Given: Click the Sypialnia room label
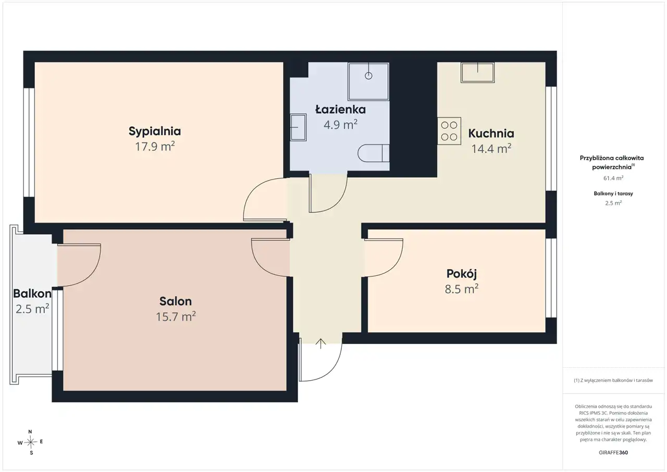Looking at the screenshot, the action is tap(155, 131).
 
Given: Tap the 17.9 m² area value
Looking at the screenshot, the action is tap(155, 147).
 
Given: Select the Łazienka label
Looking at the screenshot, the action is tap(341, 110).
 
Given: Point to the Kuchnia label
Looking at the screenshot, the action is tap(491, 133).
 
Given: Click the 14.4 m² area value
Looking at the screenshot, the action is tap(491, 149).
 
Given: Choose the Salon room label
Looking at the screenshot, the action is tap(176, 301).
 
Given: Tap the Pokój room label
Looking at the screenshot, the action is tap(462, 274).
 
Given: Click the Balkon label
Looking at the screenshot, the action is tap(32, 294).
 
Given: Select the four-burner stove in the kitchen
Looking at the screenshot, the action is tap(449, 131).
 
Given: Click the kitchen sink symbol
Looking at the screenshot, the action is tap(478, 72).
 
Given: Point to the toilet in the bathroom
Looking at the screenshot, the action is tap(374, 153).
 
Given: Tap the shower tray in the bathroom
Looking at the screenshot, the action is tap(368, 81).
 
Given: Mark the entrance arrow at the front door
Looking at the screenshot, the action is tap(320, 344).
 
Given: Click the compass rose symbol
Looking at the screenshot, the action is tap(30, 442).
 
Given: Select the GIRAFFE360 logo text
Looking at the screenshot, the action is tap(613, 452).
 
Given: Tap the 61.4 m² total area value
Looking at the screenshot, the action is tap(613, 178).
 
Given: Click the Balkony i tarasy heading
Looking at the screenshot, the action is tap(613, 193).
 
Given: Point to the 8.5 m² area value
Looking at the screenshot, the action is tap(462, 289).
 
